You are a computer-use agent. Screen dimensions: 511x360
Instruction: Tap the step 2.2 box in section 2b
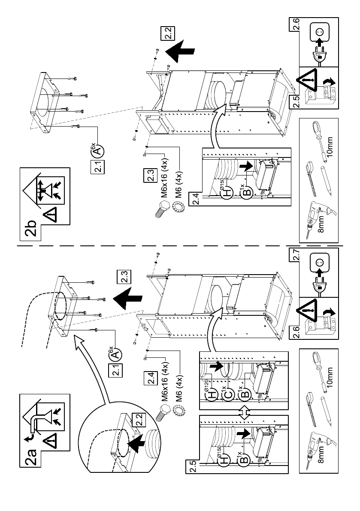click(166, 33)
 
